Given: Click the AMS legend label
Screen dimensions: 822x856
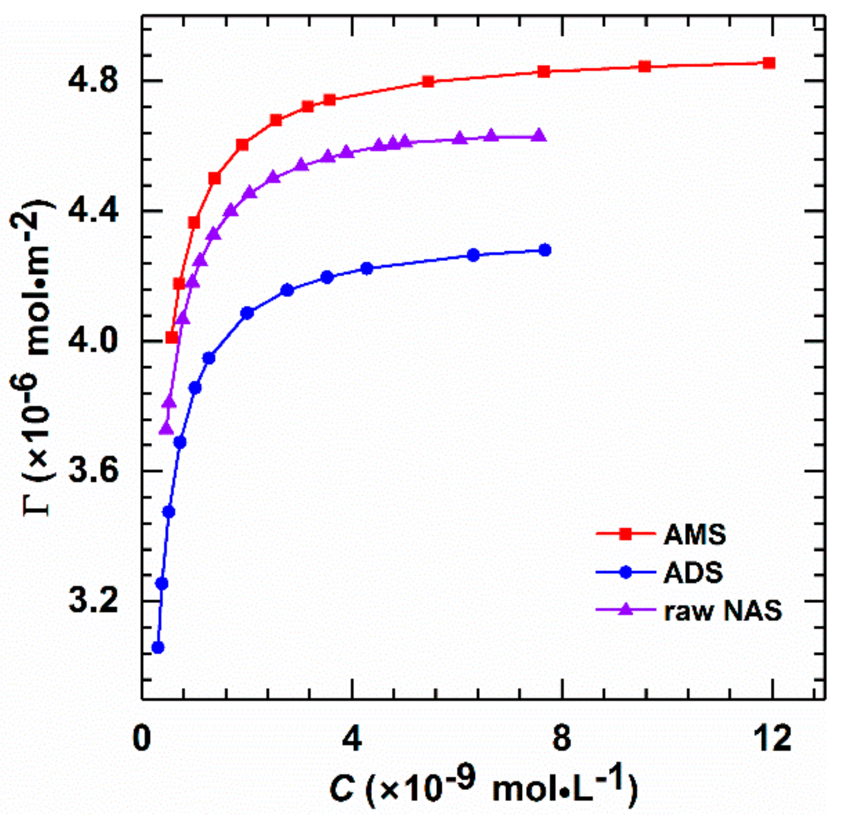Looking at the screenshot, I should [694, 535].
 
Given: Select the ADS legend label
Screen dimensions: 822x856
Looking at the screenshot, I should [693, 572].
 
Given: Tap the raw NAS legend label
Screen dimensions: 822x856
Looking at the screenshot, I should [722, 611].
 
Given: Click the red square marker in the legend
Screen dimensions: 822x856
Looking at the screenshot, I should [625, 534].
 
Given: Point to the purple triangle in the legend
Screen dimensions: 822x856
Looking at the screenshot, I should [625, 609].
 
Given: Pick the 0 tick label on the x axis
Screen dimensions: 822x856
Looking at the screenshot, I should [141, 738].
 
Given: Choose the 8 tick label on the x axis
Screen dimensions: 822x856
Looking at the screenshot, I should [562, 738].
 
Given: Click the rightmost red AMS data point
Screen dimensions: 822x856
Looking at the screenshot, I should [769, 63].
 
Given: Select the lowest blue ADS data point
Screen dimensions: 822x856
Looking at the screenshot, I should [157, 647].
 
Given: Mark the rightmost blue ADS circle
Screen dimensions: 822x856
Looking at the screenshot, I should [545, 250].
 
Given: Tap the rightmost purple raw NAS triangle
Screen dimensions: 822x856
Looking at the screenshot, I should [539, 136].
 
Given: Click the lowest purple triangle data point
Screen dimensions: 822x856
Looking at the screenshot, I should [166, 429].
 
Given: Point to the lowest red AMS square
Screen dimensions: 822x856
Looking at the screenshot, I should [172, 338].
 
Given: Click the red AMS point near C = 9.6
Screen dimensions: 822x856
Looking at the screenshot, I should [644, 67].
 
